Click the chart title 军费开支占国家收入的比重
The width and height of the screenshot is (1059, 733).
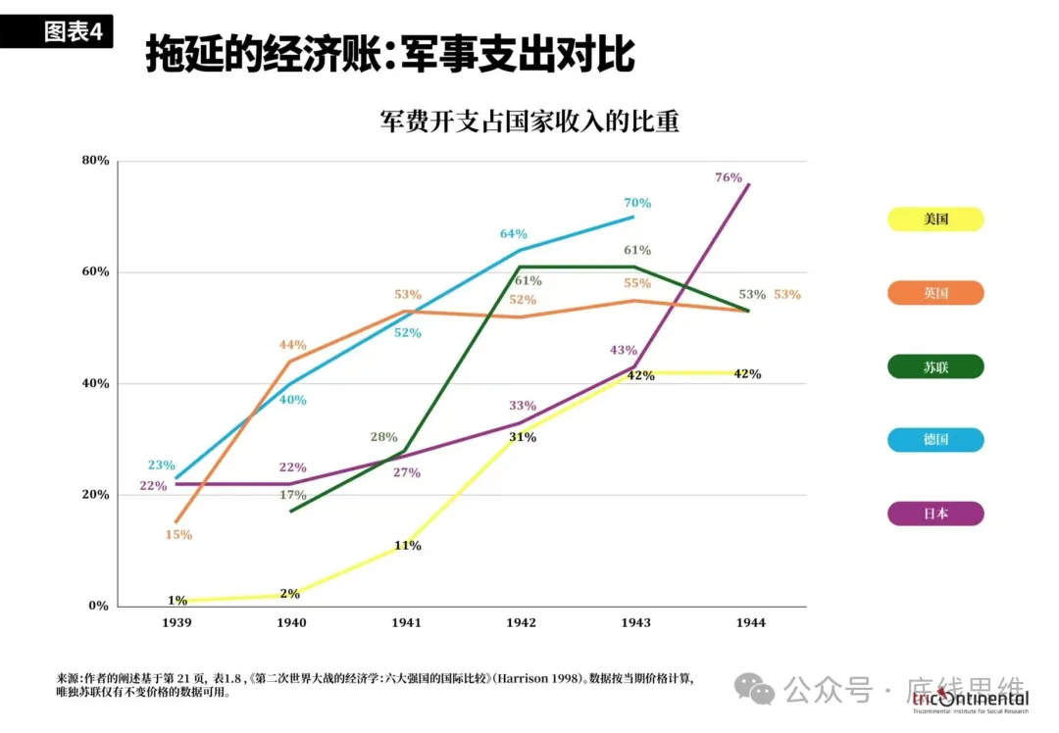click(x=529, y=122)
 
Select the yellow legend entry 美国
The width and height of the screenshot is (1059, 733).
click(x=935, y=220)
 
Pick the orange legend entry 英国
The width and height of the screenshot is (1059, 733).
click(x=935, y=293)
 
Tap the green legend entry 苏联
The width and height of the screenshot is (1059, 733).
click(x=935, y=367)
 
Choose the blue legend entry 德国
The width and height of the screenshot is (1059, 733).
click(x=935, y=440)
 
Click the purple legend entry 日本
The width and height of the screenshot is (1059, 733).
click(x=935, y=513)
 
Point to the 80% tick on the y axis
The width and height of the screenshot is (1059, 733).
click(x=95, y=161)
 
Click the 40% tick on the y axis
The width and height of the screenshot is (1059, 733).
click(x=95, y=383)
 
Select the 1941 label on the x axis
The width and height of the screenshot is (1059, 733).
click(x=407, y=623)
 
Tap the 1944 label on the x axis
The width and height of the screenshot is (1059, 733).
click(x=750, y=623)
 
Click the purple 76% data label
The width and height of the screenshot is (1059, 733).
click(x=729, y=177)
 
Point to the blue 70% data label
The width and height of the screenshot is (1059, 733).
click(x=637, y=203)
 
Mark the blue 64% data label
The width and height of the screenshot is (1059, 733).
click(x=514, y=234)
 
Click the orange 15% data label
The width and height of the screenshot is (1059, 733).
click(x=178, y=535)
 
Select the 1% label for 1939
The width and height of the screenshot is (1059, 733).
click(x=177, y=601)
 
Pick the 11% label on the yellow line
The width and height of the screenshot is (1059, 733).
click(x=408, y=546)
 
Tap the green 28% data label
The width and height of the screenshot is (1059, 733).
click(x=384, y=437)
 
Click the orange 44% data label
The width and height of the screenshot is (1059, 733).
click(x=293, y=345)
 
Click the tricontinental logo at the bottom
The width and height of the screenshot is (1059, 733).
click(x=970, y=699)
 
